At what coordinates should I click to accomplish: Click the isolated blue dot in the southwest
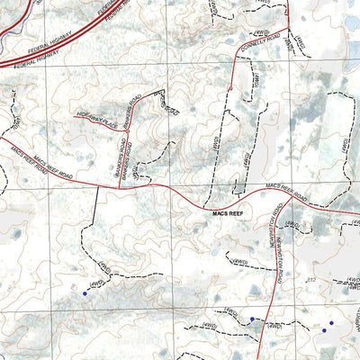(85, 292)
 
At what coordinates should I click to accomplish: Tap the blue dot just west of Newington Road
(252, 318)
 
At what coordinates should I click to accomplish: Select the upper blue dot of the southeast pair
(330, 323)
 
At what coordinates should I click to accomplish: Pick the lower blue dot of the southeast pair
(325, 330)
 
